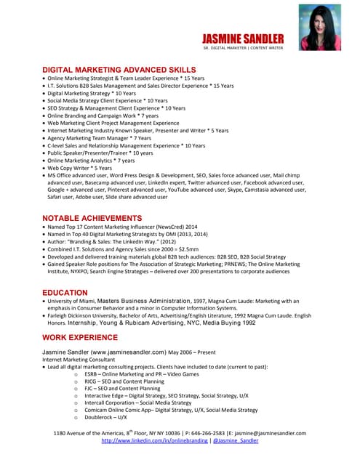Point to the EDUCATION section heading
coord(65,292)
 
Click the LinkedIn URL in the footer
coord(154,440)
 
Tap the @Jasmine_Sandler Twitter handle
coord(235,440)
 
